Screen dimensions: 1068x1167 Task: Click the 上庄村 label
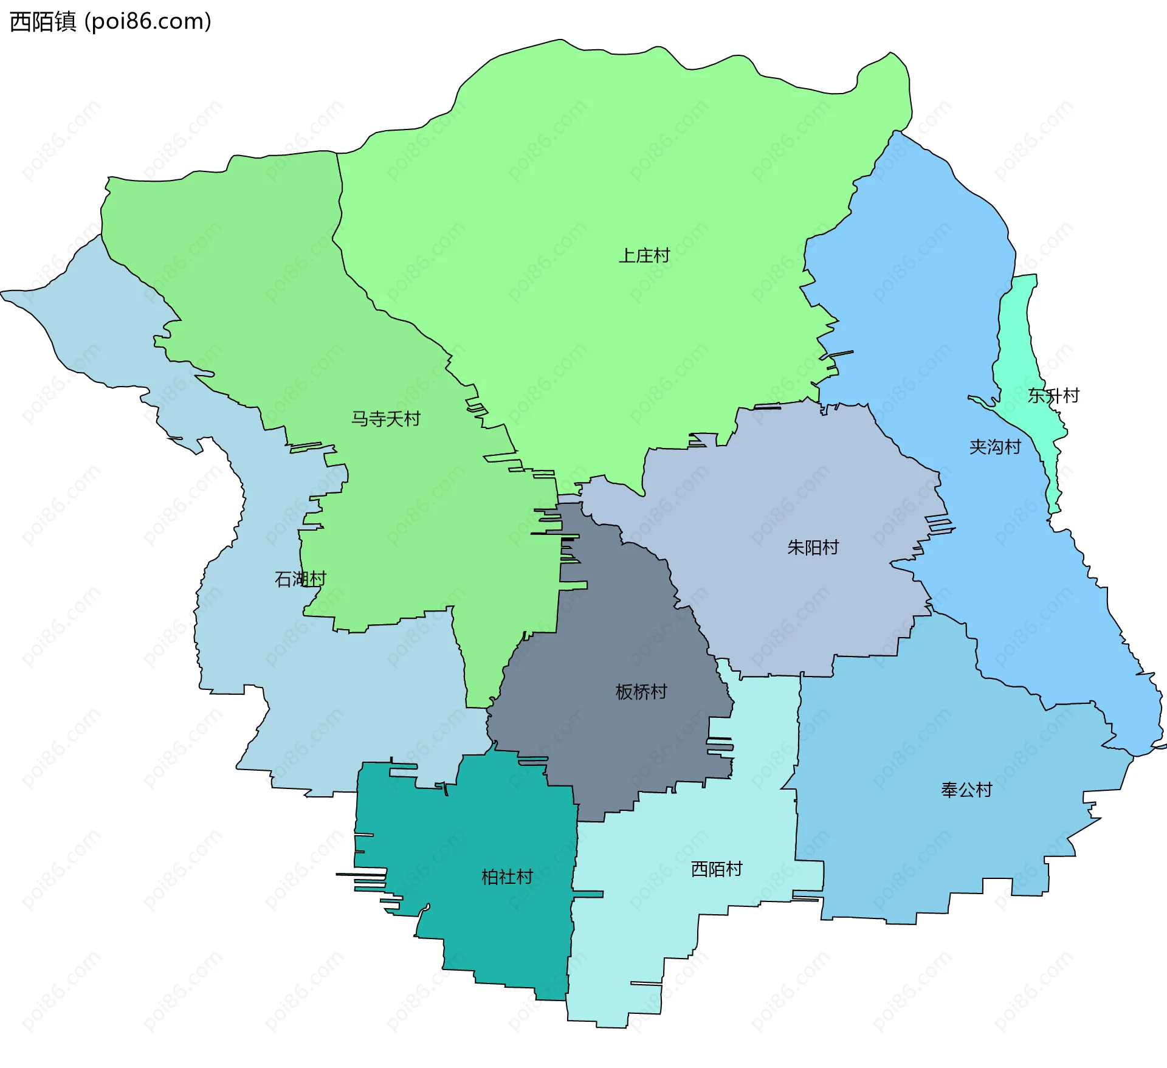tap(644, 255)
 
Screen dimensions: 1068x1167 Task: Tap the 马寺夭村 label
tap(386, 419)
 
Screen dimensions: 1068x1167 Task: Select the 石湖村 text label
tap(300, 579)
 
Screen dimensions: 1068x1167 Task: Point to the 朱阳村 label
tap(813, 548)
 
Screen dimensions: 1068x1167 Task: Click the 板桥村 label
tap(641, 692)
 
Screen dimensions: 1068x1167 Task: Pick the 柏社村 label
tap(507, 877)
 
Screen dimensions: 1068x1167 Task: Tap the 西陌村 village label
tap(717, 869)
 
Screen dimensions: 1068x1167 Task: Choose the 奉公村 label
tap(966, 790)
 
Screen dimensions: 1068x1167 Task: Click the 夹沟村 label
tap(995, 447)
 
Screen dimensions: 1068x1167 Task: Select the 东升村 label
tap(1053, 396)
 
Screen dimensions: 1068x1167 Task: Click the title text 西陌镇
tap(43, 22)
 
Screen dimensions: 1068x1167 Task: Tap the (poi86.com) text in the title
tap(148, 22)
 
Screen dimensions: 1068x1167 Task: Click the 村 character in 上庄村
tap(661, 255)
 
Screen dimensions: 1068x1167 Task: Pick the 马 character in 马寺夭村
tap(360, 419)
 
